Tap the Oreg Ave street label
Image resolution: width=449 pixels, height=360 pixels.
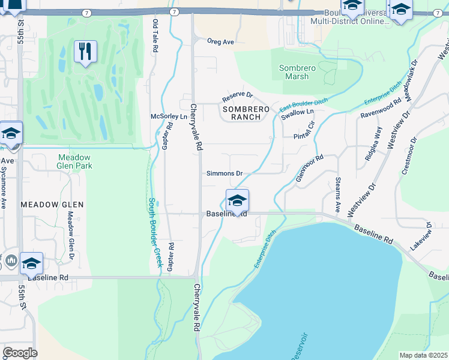click(220, 42)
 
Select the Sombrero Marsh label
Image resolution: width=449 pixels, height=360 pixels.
click(298, 72)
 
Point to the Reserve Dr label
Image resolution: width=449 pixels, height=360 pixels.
click(238, 96)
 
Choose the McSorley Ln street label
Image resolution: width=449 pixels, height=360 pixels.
click(169, 116)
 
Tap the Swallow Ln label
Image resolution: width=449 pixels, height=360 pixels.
click(298, 113)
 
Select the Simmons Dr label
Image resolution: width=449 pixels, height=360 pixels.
click(224, 173)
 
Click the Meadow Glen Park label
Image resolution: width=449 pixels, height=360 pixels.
click(73, 161)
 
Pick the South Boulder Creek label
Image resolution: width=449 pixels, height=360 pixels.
click(155, 232)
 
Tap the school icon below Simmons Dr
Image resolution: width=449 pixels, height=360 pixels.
click(237, 200)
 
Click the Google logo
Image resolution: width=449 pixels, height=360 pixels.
click(20, 352)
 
